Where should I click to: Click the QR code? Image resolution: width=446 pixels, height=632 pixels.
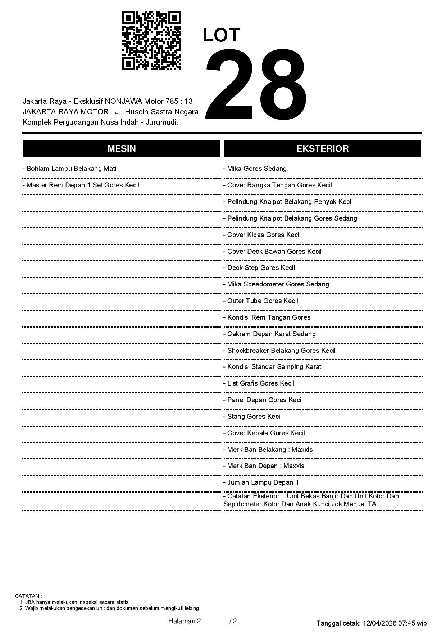pyautogui.click(x=151, y=41)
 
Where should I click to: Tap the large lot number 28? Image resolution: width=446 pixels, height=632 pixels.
pyautogui.click(x=256, y=85)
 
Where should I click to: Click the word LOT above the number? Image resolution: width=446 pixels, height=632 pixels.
pyautogui.click(x=221, y=35)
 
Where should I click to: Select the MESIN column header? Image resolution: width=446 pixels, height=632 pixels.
pyautogui.click(x=122, y=149)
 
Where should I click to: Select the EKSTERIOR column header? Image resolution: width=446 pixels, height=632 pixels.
pyautogui.click(x=322, y=149)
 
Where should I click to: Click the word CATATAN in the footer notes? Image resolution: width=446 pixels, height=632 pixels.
pyautogui.click(x=28, y=596)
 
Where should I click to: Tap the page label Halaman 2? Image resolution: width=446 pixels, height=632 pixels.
pyautogui.click(x=185, y=621)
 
